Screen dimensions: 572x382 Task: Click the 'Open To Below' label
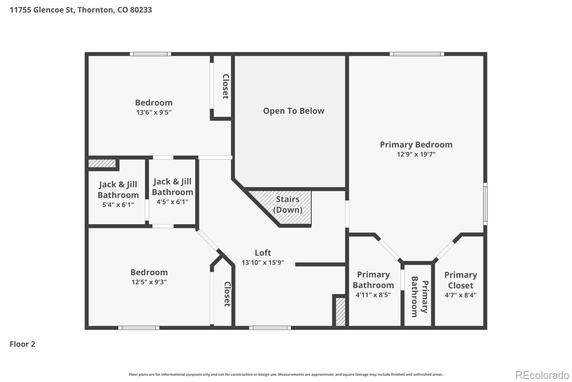click(294, 111)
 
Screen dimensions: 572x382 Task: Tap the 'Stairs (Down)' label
click(288, 204)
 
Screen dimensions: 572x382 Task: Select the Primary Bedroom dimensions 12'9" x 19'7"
click(416, 154)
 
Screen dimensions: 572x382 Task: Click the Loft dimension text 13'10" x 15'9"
click(263, 262)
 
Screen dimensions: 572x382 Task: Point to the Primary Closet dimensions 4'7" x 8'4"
click(461, 295)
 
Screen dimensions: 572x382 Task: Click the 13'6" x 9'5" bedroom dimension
click(154, 112)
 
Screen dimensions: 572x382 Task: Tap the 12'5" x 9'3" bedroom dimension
click(149, 282)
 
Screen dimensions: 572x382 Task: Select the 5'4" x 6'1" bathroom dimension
click(118, 205)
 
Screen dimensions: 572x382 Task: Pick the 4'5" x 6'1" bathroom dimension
click(172, 202)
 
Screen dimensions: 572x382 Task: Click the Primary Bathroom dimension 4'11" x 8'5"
click(373, 295)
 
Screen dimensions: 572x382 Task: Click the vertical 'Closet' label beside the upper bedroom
click(226, 86)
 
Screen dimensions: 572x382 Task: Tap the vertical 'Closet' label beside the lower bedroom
click(227, 294)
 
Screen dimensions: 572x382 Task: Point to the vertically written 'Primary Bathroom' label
click(419, 297)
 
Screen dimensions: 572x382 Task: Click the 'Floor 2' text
click(22, 344)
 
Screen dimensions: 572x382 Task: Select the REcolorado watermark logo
click(542, 375)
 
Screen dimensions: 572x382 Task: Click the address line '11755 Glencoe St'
click(42, 10)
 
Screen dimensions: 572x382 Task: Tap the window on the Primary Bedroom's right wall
click(485, 204)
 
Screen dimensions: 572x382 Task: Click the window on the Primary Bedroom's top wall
click(417, 54)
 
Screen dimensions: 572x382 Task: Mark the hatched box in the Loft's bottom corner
click(341, 312)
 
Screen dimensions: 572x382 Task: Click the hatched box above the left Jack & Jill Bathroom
click(102, 163)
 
